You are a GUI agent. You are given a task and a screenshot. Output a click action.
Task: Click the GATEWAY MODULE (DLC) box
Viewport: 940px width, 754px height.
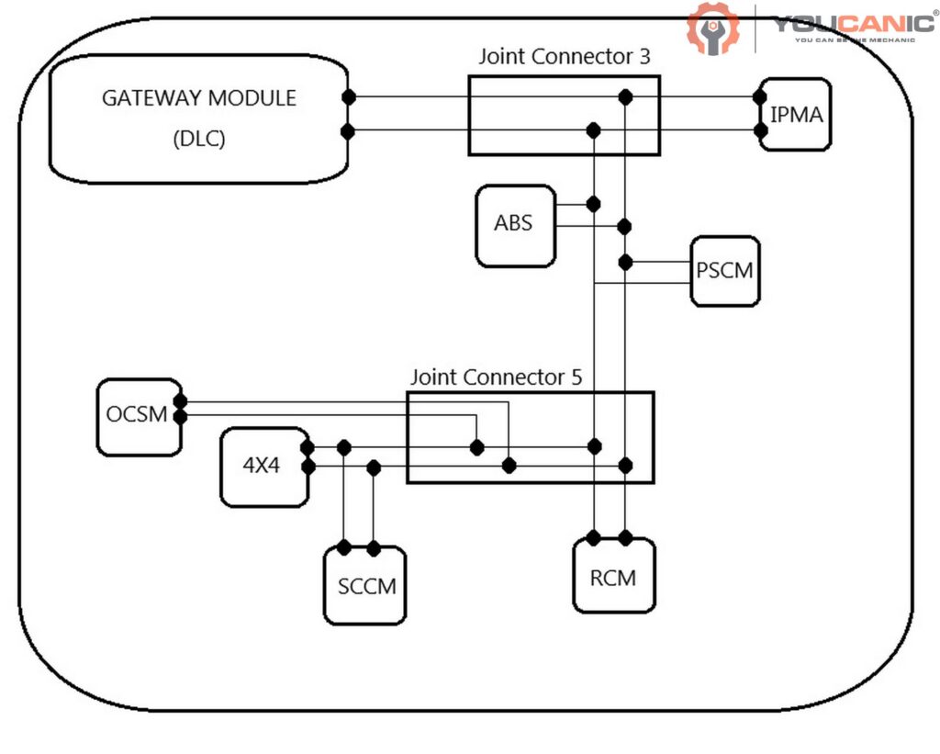[x=198, y=118]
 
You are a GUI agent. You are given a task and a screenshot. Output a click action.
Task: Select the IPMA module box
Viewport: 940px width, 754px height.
[x=795, y=115]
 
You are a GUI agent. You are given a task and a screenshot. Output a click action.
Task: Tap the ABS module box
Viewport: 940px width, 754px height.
[x=515, y=225]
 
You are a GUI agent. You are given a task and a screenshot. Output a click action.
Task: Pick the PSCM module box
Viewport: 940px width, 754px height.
[x=725, y=272]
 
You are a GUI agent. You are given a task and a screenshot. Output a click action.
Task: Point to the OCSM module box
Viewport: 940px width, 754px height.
[x=138, y=416]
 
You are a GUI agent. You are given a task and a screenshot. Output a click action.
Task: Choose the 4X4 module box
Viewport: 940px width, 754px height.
[x=263, y=466]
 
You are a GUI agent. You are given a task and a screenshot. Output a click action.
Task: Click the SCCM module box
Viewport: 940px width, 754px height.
[x=364, y=585]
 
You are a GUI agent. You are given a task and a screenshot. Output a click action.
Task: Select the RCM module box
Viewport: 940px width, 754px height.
[x=614, y=576]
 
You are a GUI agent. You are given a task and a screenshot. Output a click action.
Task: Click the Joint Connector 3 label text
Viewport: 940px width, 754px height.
[x=565, y=56]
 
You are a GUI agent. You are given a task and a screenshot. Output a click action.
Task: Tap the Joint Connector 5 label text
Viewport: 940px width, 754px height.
[x=496, y=377]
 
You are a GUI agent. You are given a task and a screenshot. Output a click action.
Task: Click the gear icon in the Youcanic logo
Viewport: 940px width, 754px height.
[x=713, y=28]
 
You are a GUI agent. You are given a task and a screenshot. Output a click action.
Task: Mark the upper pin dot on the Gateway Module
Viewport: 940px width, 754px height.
[x=348, y=97]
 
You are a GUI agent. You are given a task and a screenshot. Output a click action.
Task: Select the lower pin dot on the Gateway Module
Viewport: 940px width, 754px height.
[x=348, y=131]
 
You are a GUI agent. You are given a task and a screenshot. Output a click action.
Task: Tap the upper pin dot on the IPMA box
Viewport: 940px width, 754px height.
[x=760, y=97]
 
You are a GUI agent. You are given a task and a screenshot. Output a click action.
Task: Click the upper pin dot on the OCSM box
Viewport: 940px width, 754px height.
[x=180, y=401]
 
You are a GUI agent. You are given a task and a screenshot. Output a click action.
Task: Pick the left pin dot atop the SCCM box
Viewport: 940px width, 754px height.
[x=344, y=548]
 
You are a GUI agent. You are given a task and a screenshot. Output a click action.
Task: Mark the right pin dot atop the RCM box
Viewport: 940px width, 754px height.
[x=625, y=537]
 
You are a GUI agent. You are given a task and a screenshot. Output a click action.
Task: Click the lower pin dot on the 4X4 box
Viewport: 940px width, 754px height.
[x=308, y=467]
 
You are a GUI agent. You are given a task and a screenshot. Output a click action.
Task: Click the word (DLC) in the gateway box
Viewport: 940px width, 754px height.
[x=198, y=139]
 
